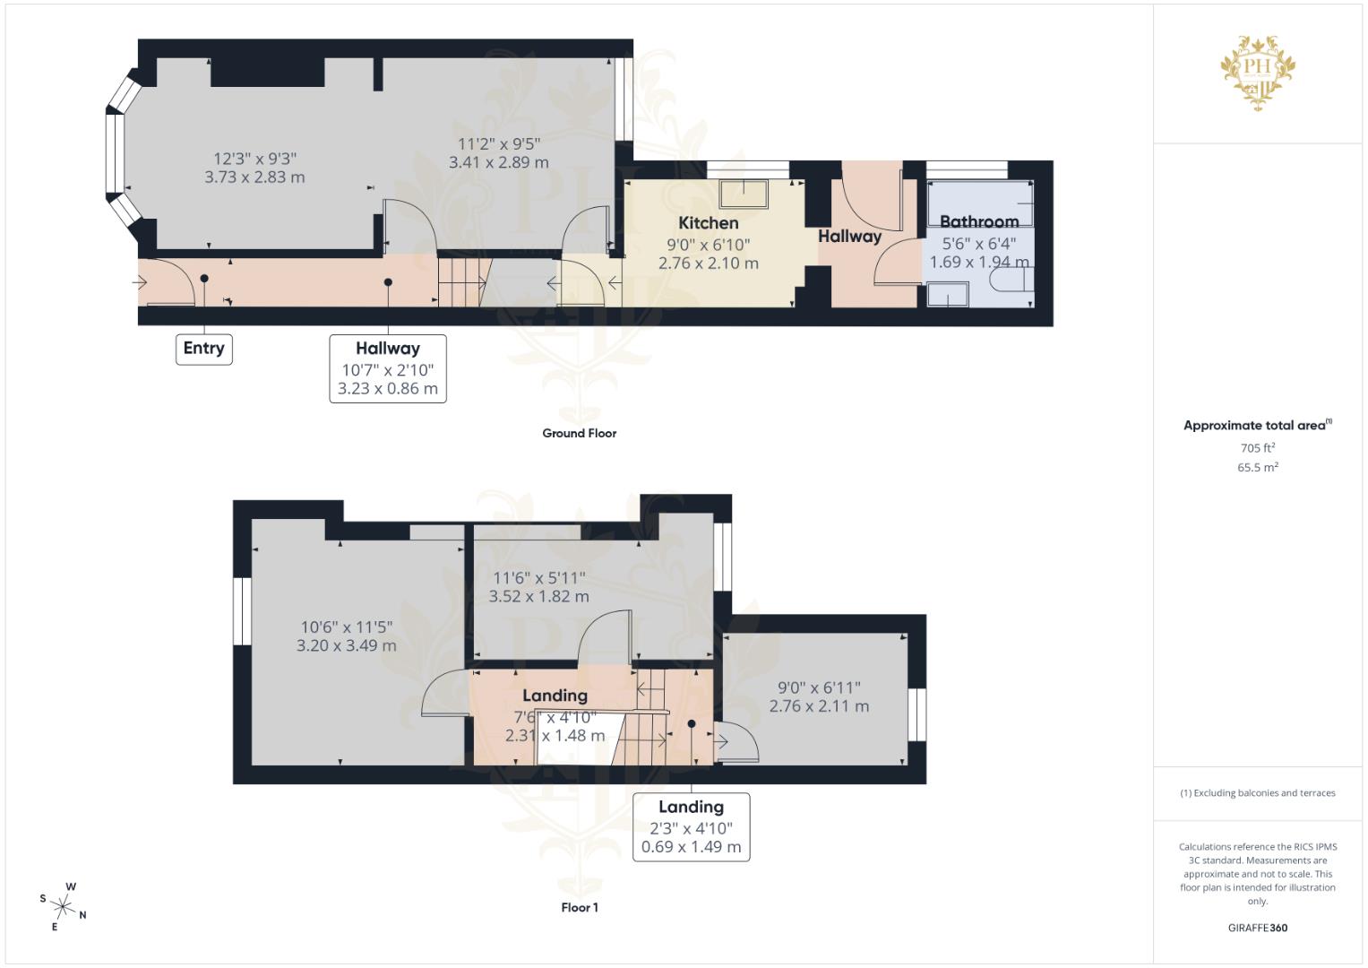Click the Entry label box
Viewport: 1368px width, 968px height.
coord(203,349)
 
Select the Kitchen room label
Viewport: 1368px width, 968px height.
coord(708,223)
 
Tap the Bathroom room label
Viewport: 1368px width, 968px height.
coord(978,221)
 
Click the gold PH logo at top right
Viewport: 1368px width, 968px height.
coord(1258,72)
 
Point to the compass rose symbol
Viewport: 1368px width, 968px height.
coord(64,906)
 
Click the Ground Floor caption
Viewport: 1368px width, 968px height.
coord(579,433)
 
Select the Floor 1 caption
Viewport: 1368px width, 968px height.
coord(579,907)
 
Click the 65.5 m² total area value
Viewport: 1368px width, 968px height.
coord(1257,467)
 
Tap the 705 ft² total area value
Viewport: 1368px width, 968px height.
coord(1257,447)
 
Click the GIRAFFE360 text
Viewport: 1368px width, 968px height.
coord(1257,928)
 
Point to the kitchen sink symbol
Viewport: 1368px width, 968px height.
coord(743,194)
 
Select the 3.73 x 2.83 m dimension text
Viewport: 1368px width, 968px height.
coord(254,177)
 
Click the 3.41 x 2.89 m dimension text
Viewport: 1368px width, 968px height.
coord(498,162)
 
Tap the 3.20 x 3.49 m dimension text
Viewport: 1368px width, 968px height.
coord(346,645)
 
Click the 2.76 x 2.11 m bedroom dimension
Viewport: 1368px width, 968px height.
coord(819,706)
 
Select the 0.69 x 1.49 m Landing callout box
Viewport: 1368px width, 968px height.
coord(691,827)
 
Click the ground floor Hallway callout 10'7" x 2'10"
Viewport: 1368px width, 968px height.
coord(387,368)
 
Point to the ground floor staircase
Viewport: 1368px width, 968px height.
coord(462,281)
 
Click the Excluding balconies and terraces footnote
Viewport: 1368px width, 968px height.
coord(1257,793)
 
